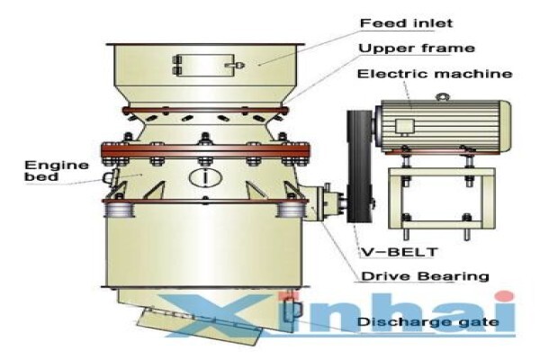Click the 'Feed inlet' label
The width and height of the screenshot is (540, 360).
406,23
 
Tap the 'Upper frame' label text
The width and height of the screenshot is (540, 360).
417,49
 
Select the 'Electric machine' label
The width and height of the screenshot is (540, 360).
435,74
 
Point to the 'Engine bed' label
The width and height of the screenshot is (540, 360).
56,171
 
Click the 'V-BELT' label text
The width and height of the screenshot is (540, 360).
399,252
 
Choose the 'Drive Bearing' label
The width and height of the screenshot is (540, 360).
425,276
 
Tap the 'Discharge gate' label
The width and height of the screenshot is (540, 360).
427,322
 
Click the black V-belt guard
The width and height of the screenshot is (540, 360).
359,166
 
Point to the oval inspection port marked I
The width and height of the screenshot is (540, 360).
205,177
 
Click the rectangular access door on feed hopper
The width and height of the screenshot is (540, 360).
205,65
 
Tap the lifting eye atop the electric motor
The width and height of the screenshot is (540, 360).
441,97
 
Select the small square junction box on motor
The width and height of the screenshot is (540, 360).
404,126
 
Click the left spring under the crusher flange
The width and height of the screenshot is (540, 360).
119,210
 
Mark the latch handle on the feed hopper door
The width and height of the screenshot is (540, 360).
235,65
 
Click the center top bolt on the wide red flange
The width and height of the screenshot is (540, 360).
205,139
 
